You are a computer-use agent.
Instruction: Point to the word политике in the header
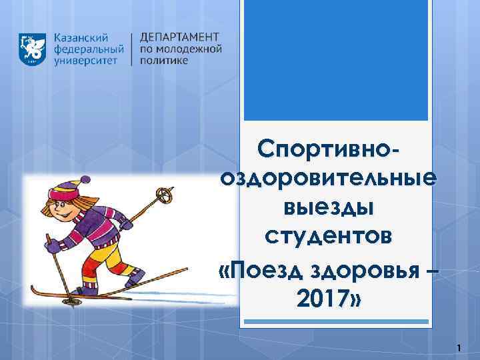click(164, 61)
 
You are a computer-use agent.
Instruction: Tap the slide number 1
click(459, 347)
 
